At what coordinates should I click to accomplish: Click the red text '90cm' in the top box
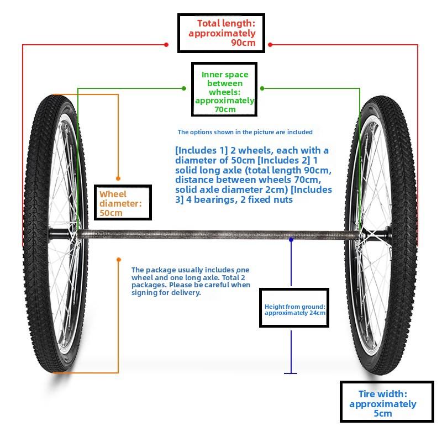tap(243, 43)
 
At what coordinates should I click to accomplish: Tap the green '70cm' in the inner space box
tap(225, 109)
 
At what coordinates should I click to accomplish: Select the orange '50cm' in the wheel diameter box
tap(111, 213)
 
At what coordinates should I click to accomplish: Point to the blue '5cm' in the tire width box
tap(382, 413)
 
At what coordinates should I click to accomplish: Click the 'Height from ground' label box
tap(294, 308)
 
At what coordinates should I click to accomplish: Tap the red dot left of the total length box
tap(166, 45)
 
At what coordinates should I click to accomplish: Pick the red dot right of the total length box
tap(270, 45)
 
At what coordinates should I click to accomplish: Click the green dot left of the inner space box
tap(184, 88)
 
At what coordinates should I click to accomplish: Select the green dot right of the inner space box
tap(262, 88)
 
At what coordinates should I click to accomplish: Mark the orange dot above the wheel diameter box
tap(118, 178)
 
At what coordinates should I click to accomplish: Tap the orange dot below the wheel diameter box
tap(119, 259)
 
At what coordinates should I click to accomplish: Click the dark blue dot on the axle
tap(291, 240)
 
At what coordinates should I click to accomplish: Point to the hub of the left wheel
tap(61, 234)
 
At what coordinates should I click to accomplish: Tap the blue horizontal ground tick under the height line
tap(291, 373)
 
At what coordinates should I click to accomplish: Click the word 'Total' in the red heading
tap(209, 23)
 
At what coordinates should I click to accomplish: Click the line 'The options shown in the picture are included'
tap(245, 132)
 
